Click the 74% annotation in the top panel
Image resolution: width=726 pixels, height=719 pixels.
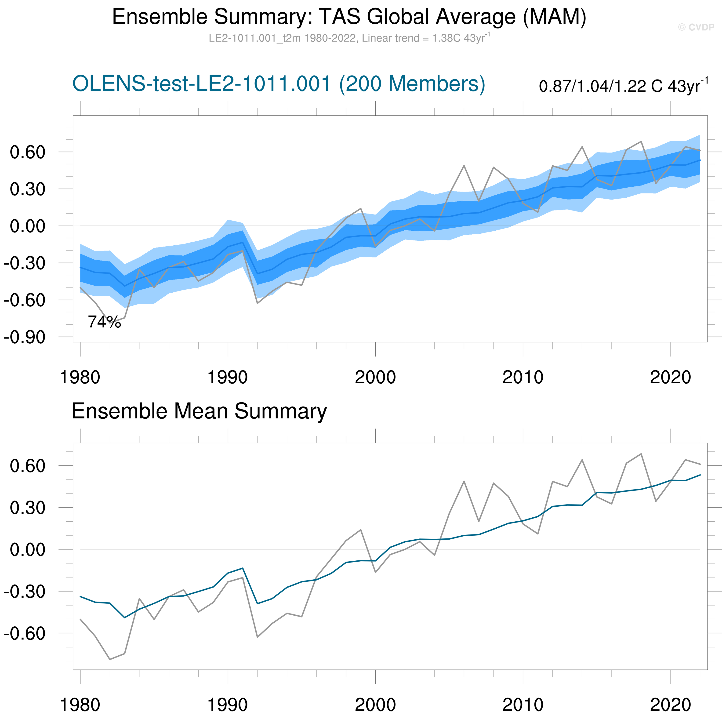(105, 322)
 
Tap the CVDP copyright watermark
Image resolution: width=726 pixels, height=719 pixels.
(696, 27)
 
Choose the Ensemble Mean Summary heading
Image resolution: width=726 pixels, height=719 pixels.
(199, 411)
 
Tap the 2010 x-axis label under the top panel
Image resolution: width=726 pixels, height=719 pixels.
(523, 377)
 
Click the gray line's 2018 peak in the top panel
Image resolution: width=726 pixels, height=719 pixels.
(641, 142)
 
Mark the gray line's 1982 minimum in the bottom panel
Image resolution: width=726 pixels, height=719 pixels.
(110, 660)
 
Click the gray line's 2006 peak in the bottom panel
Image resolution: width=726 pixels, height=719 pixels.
(464, 481)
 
